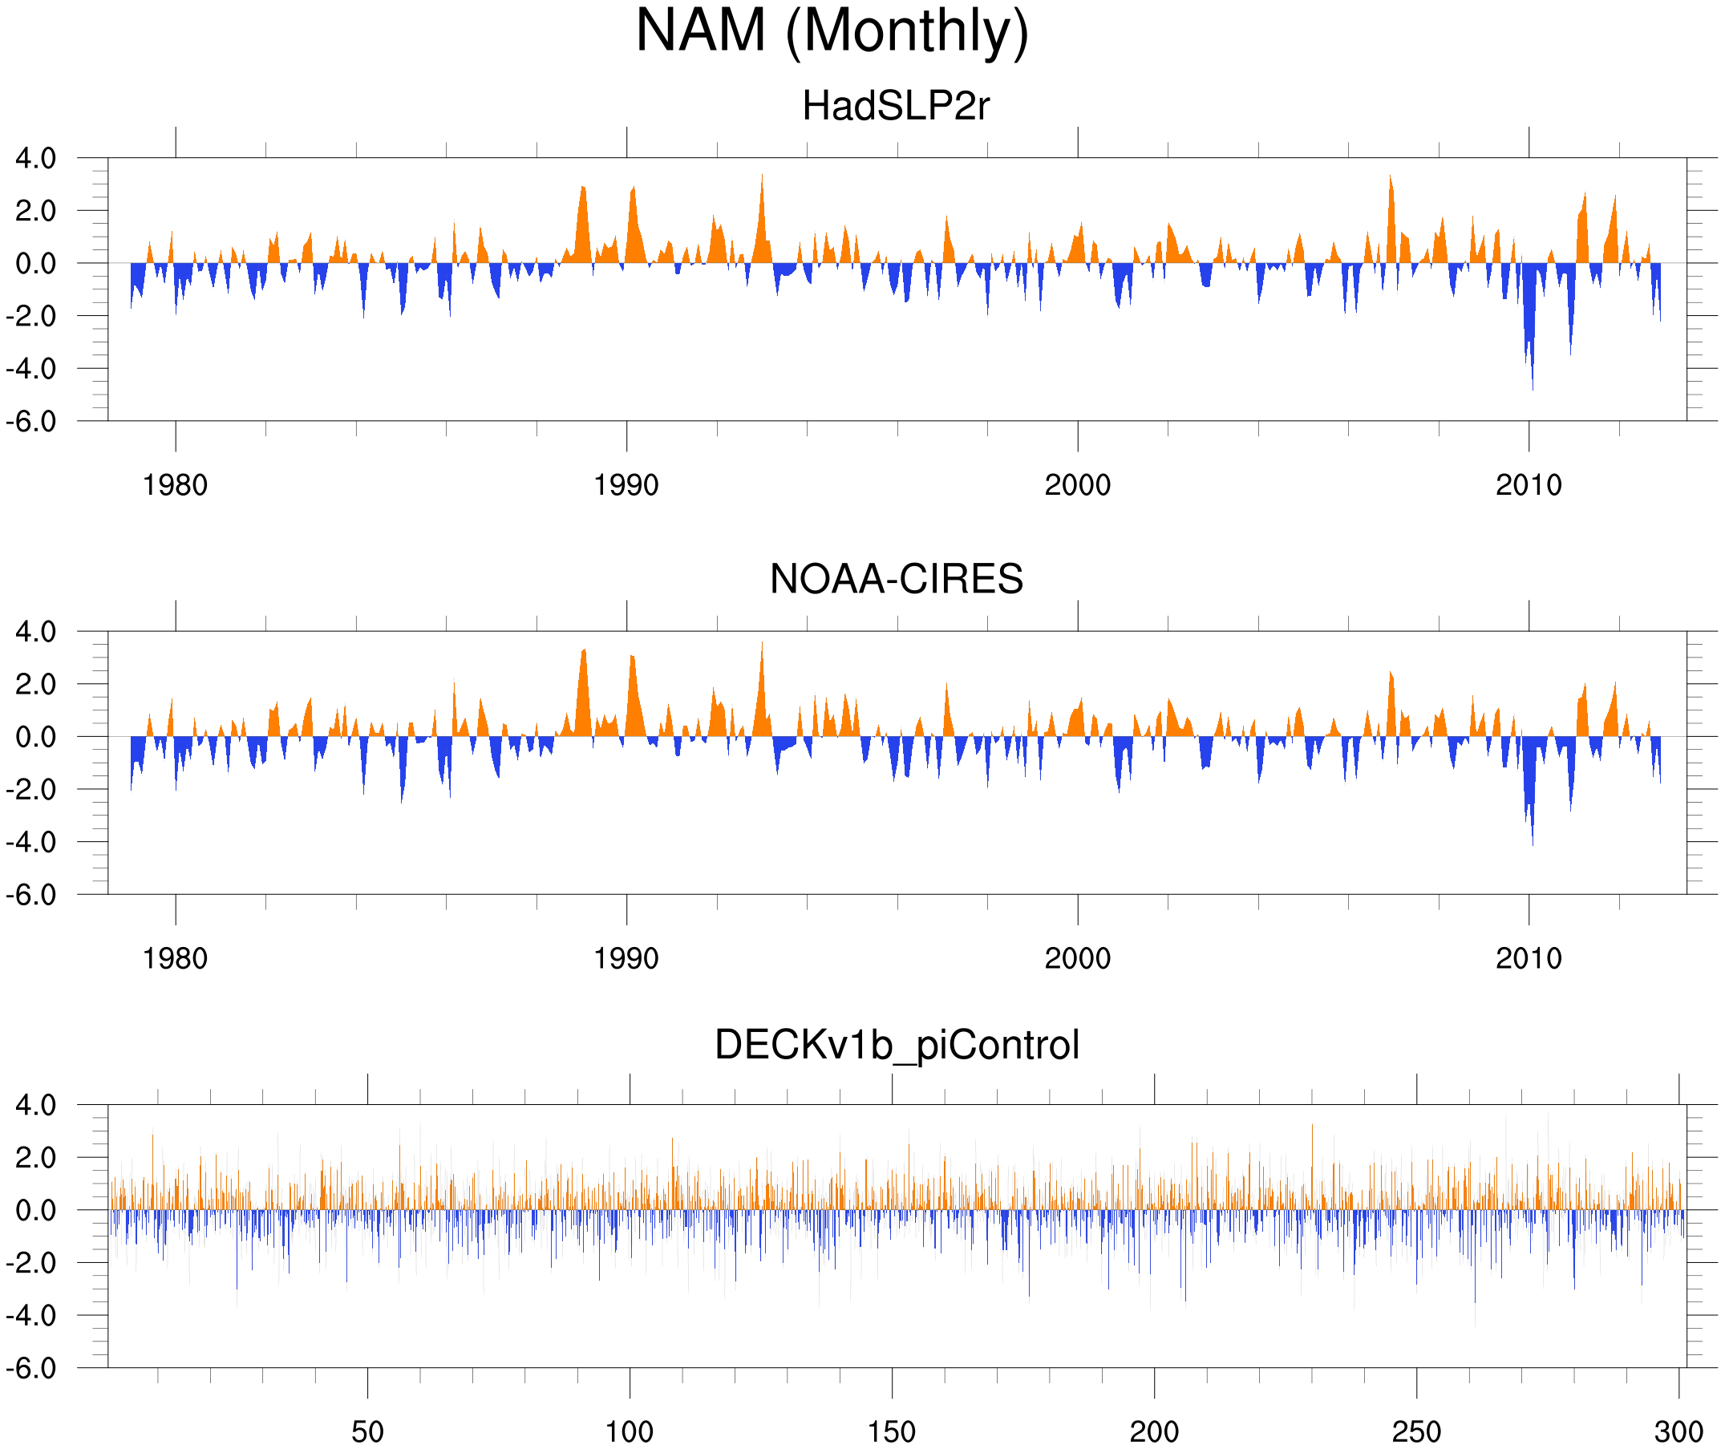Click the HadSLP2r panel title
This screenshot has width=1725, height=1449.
896,106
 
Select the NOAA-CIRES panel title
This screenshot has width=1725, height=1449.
896,579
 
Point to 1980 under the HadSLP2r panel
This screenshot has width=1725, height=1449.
175,485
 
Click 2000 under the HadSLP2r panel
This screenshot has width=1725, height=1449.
1078,485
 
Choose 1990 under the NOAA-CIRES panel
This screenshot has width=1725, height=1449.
626,958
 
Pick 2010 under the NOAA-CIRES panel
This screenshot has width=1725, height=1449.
1529,958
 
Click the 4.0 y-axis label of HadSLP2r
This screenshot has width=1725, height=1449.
36,159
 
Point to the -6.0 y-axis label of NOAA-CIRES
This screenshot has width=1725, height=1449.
31,895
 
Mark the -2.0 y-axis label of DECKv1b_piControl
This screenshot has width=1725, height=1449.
31,1263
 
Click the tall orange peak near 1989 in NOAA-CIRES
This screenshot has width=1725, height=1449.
584,650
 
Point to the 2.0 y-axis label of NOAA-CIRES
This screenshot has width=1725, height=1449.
36,684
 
